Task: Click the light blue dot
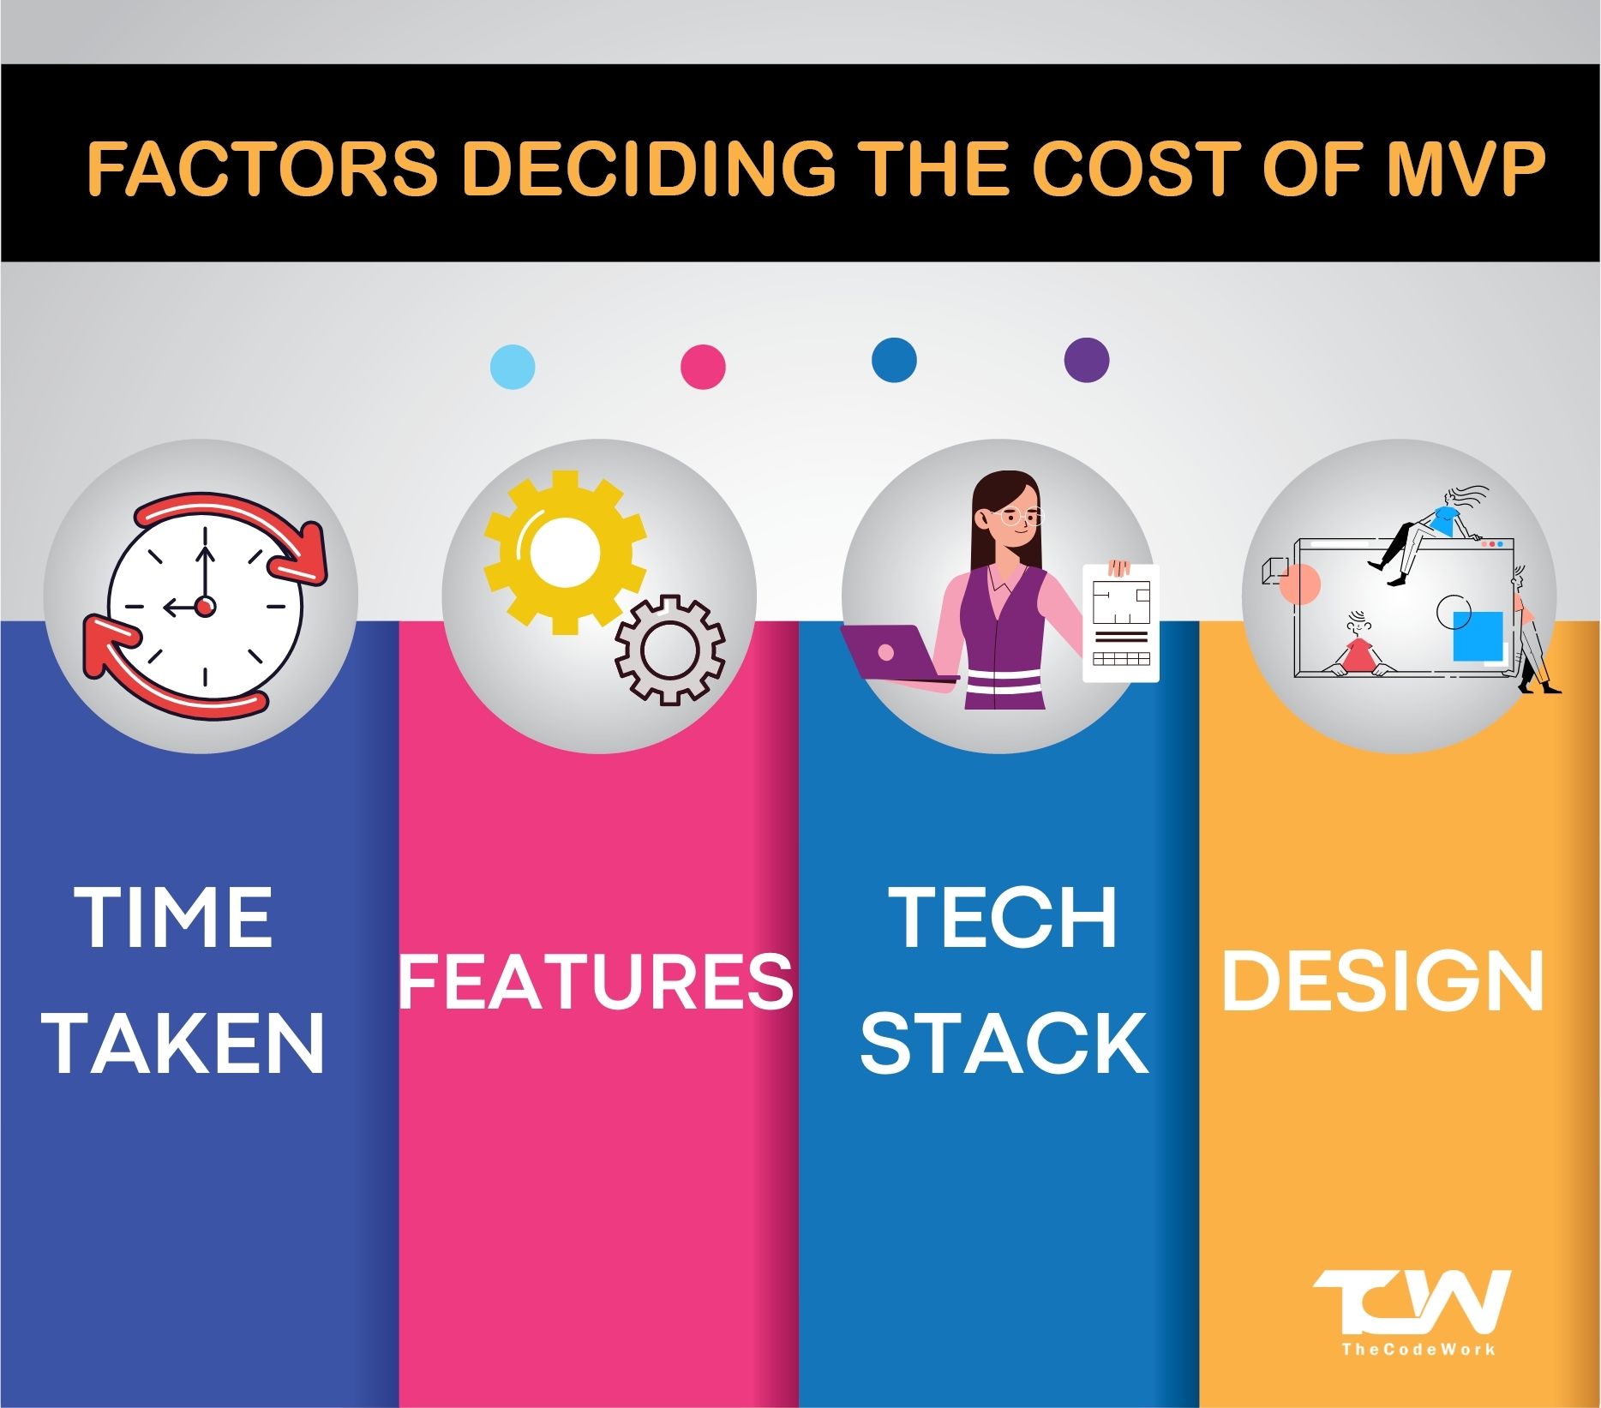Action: tap(513, 367)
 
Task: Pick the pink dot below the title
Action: tap(703, 367)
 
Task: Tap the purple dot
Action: tap(1086, 359)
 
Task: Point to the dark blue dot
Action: tap(893, 359)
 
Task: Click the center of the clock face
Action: tap(205, 606)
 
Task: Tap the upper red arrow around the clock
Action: tap(257, 536)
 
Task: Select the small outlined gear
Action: tap(670, 650)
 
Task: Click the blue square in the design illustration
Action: tap(1478, 637)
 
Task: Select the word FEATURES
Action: tap(597, 980)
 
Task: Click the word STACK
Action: tap(1004, 1044)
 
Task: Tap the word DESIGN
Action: tap(1382, 980)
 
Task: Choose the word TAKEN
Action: tap(186, 1044)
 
